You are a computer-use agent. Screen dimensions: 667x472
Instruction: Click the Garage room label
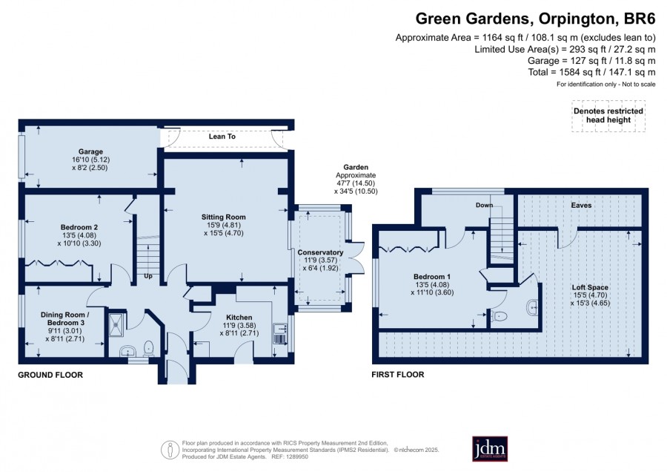pos(90,151)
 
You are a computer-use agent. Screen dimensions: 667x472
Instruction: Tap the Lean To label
pos(222,137)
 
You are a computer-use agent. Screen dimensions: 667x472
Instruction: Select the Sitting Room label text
pos(223,217)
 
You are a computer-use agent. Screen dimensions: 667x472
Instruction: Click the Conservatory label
pos(320,252)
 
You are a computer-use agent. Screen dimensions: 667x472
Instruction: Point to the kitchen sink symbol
pos(280,329)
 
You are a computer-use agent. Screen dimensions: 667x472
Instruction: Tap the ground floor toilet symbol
pos(148,347)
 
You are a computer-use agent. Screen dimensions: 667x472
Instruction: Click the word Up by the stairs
pos(148,276)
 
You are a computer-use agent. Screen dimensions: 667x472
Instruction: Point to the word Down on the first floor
pos(484,205)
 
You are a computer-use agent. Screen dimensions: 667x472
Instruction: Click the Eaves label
pos(581,205)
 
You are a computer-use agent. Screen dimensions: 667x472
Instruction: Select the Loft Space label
pos(590,287)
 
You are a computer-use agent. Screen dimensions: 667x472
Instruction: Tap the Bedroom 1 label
pos(432,277)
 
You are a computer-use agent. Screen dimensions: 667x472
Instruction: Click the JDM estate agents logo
pos(490,448)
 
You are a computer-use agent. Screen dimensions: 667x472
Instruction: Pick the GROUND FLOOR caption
pos(50,375)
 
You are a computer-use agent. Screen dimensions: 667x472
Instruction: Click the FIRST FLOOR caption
pos(398,375)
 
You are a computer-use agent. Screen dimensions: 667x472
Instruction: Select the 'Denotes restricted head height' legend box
pos(608,116)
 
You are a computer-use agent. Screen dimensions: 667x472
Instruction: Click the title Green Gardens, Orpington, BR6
pos(536,19)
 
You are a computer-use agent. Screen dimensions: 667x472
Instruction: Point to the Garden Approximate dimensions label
pos(356,180)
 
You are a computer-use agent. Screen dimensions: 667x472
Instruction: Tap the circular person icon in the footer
pos(170,450)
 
